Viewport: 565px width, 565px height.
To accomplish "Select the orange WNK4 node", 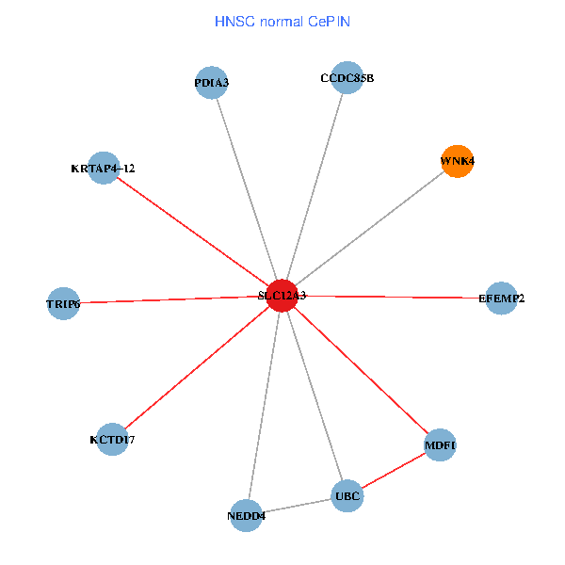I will (x=457, y=161).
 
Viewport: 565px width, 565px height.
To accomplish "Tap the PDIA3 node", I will (x=212, y=83).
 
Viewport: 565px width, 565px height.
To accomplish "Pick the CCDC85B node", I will (x=347, y=78).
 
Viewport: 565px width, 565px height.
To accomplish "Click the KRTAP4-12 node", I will (x=104, y=169).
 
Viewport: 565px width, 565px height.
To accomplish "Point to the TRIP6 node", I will (x=63, y=303).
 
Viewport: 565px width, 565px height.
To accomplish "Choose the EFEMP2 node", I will (x=501, y=299).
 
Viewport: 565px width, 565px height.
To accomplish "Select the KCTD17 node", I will (x=112, y=439).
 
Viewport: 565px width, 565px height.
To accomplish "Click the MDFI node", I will (x=440, y=444).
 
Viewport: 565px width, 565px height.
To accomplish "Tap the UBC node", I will (x=347, y=495).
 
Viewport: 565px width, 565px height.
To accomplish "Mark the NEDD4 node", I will (x=246, y=515).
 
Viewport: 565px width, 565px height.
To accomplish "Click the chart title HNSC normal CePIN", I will (x=282, y=21).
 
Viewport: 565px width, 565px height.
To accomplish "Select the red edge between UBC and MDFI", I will (x=394, y=470).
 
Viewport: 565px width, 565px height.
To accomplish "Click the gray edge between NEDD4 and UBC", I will (x=297, y=505).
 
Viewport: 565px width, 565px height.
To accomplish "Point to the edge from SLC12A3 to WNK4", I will (x=370, y=228).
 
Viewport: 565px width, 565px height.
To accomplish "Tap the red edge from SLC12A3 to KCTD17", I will (x=198, y=367).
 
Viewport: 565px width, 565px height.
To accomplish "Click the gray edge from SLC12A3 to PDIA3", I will (x=247, y=189).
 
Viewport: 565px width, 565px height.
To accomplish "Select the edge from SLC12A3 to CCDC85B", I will (x=315, y=186).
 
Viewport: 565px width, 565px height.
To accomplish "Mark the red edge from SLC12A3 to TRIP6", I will (x=172, y=299).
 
